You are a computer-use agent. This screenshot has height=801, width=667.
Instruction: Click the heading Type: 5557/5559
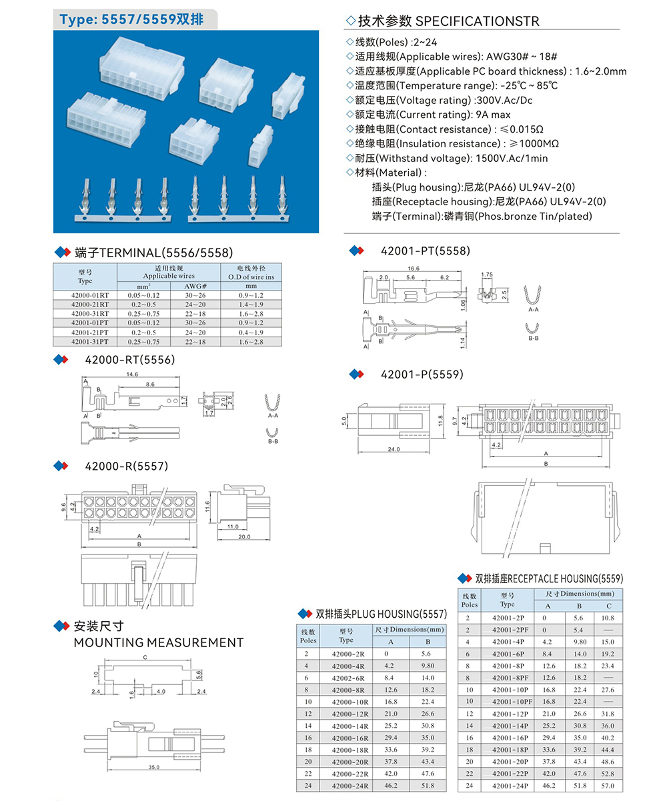click(133, 20)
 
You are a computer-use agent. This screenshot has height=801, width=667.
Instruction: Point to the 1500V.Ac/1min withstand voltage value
click(511, 159)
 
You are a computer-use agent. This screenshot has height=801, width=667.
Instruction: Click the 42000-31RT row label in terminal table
click(85, 313)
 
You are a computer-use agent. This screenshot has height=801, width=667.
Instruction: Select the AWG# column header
click(195, 286)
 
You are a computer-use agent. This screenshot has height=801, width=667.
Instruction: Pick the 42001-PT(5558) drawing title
click(426, 251)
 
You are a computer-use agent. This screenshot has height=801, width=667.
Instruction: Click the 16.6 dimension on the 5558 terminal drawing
click(413, 268)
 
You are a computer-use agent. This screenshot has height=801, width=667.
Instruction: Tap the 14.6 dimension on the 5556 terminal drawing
click(131, 375)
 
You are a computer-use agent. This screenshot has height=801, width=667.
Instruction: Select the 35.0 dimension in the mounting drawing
click(154, 767)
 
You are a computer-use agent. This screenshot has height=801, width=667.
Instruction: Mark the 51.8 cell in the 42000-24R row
click(428, 786)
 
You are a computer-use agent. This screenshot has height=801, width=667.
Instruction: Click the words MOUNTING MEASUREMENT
click(159, 642)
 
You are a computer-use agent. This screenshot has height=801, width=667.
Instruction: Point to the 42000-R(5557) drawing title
click(127, 466)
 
